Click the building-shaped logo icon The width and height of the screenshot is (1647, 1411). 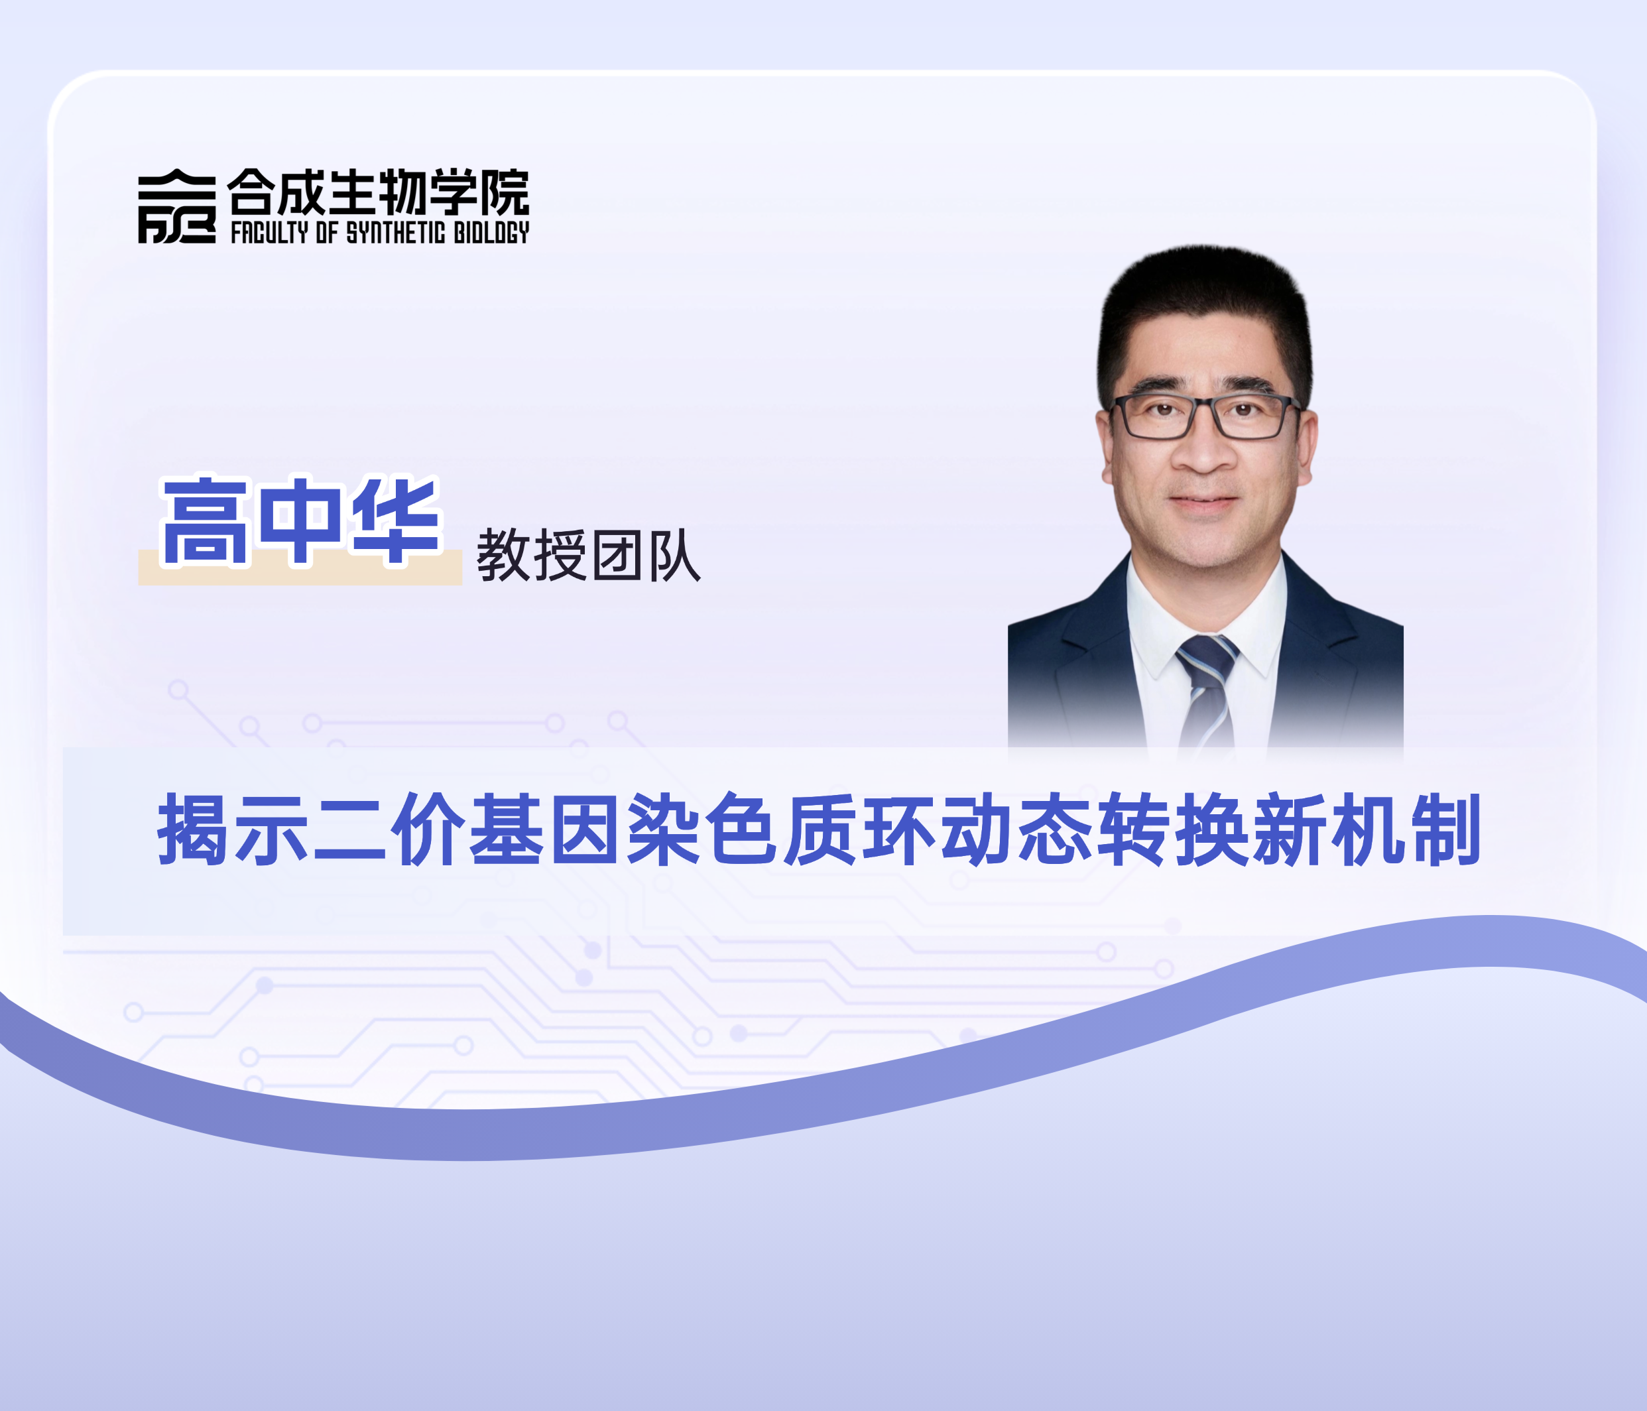pyautogui.click(x=176, y=207)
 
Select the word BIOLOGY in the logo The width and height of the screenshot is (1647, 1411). pyautogui.click(x=491, y=232)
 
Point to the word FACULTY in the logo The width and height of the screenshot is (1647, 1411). pyautogui.click(x=269, y=232)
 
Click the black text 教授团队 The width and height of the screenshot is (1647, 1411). pyautogui.click(x=588, y=555)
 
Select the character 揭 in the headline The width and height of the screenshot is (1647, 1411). pyautogui.click(x=193, y=828)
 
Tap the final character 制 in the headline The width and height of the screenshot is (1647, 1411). pyautogui.click(x=1445, y=828)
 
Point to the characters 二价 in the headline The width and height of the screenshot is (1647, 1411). pyautogui.click(x=389, y=828)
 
